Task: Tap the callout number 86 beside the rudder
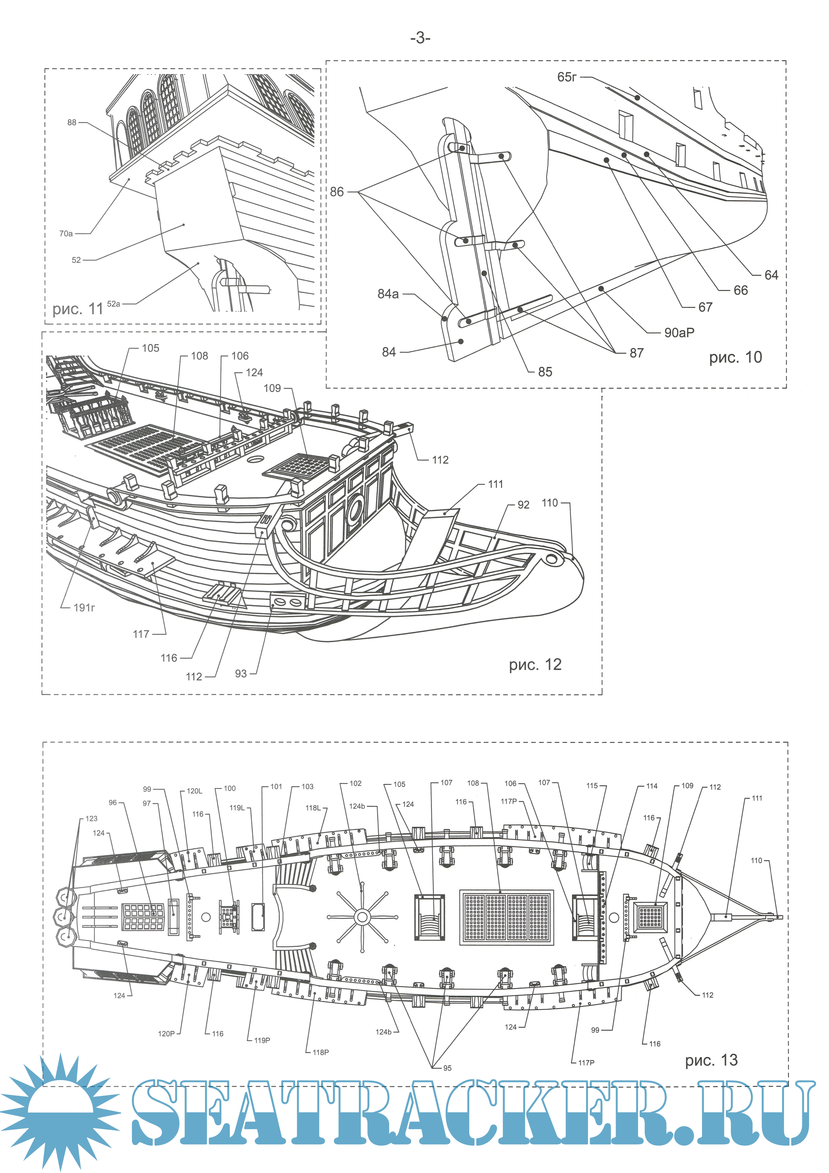[x=337, y=192]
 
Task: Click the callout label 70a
[x=66, y=233]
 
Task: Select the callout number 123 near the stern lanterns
[x=91, y=819]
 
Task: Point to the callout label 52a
[x=113, y=304]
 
